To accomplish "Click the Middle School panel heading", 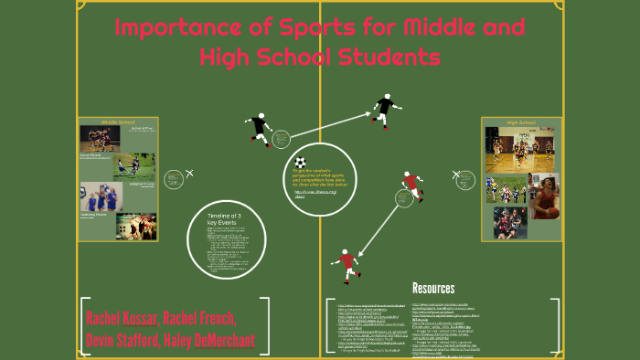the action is pos(118,122).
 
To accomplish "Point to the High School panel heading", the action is pos(520,122).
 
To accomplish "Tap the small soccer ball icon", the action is pos(301,162).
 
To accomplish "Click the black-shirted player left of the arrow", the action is pos(258,128).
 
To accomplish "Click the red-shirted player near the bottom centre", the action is pos(347,265).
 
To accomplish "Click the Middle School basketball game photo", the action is pos(99,138).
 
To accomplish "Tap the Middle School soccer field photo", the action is pos(130,165).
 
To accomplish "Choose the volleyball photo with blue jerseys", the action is pos(97,198).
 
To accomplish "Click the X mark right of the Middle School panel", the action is pos(189,173).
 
